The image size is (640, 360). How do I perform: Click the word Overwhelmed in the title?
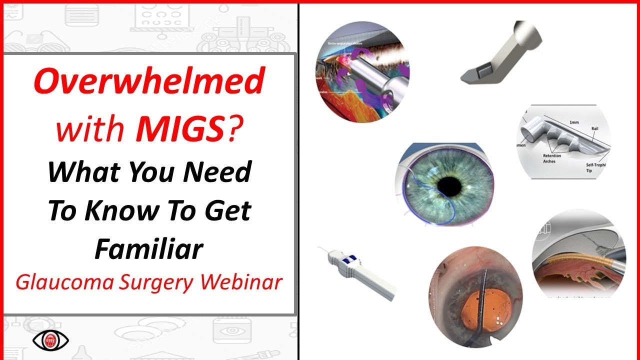[x=148, y=83]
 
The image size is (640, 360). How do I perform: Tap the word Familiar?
[x=149, y=248]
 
